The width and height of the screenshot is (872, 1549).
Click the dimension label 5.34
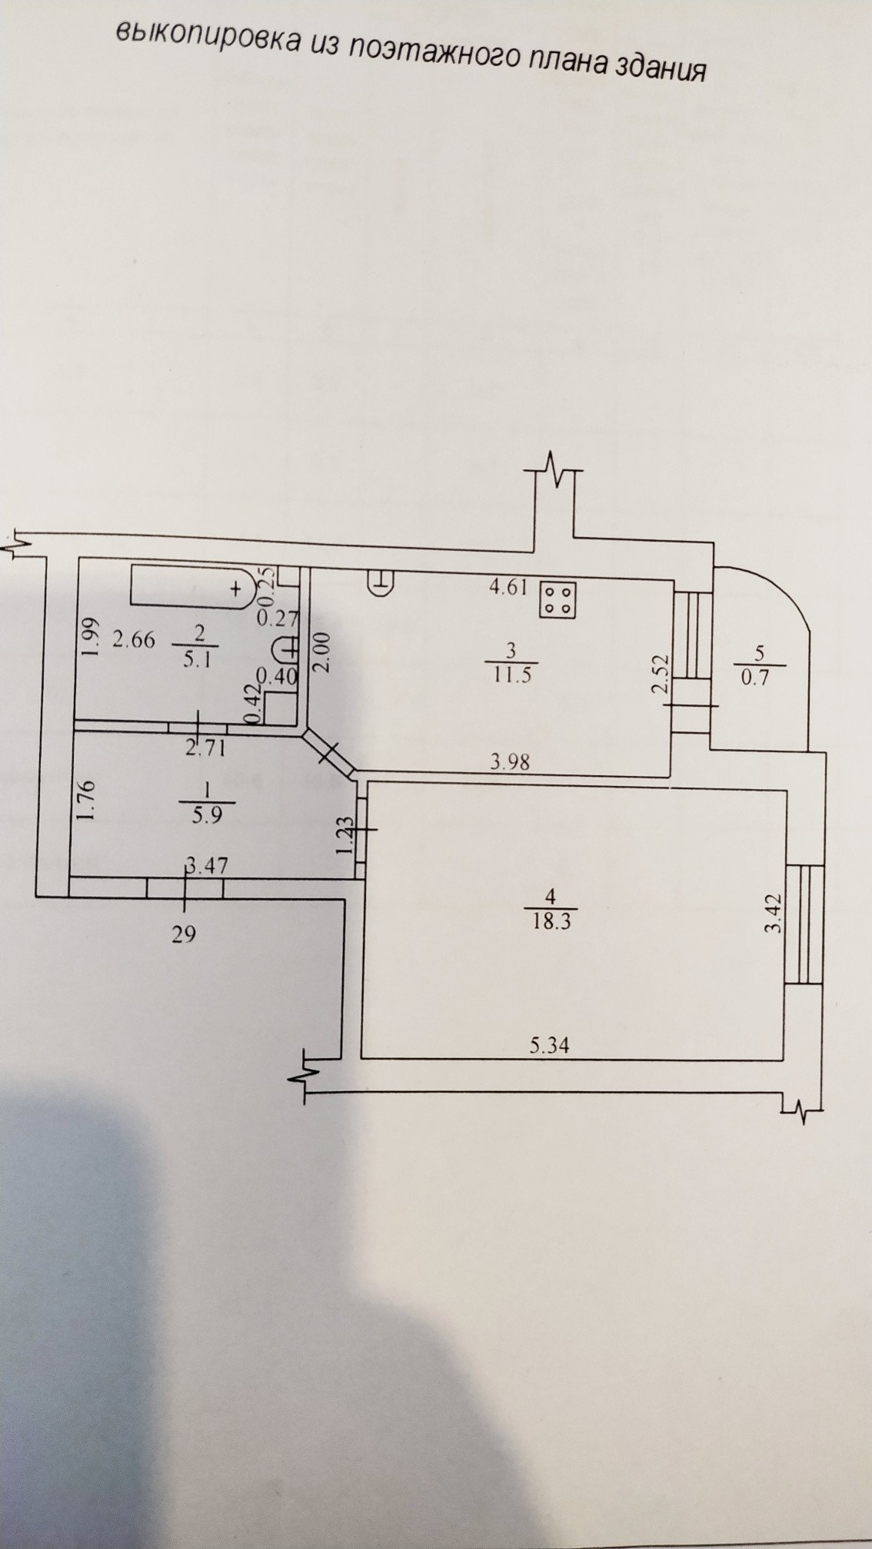[x=550, y=1045]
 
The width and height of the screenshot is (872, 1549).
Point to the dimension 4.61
[x=508, y=589]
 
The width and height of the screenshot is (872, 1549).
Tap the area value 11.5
[x=511, y=675]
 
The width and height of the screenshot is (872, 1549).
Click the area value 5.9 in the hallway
[x=206, y=815]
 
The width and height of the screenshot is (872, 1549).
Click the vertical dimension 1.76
[x=86, y=801]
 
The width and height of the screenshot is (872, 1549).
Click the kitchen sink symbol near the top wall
[x=381, y=583]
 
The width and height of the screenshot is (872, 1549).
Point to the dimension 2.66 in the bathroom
[x=134, y=639]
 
